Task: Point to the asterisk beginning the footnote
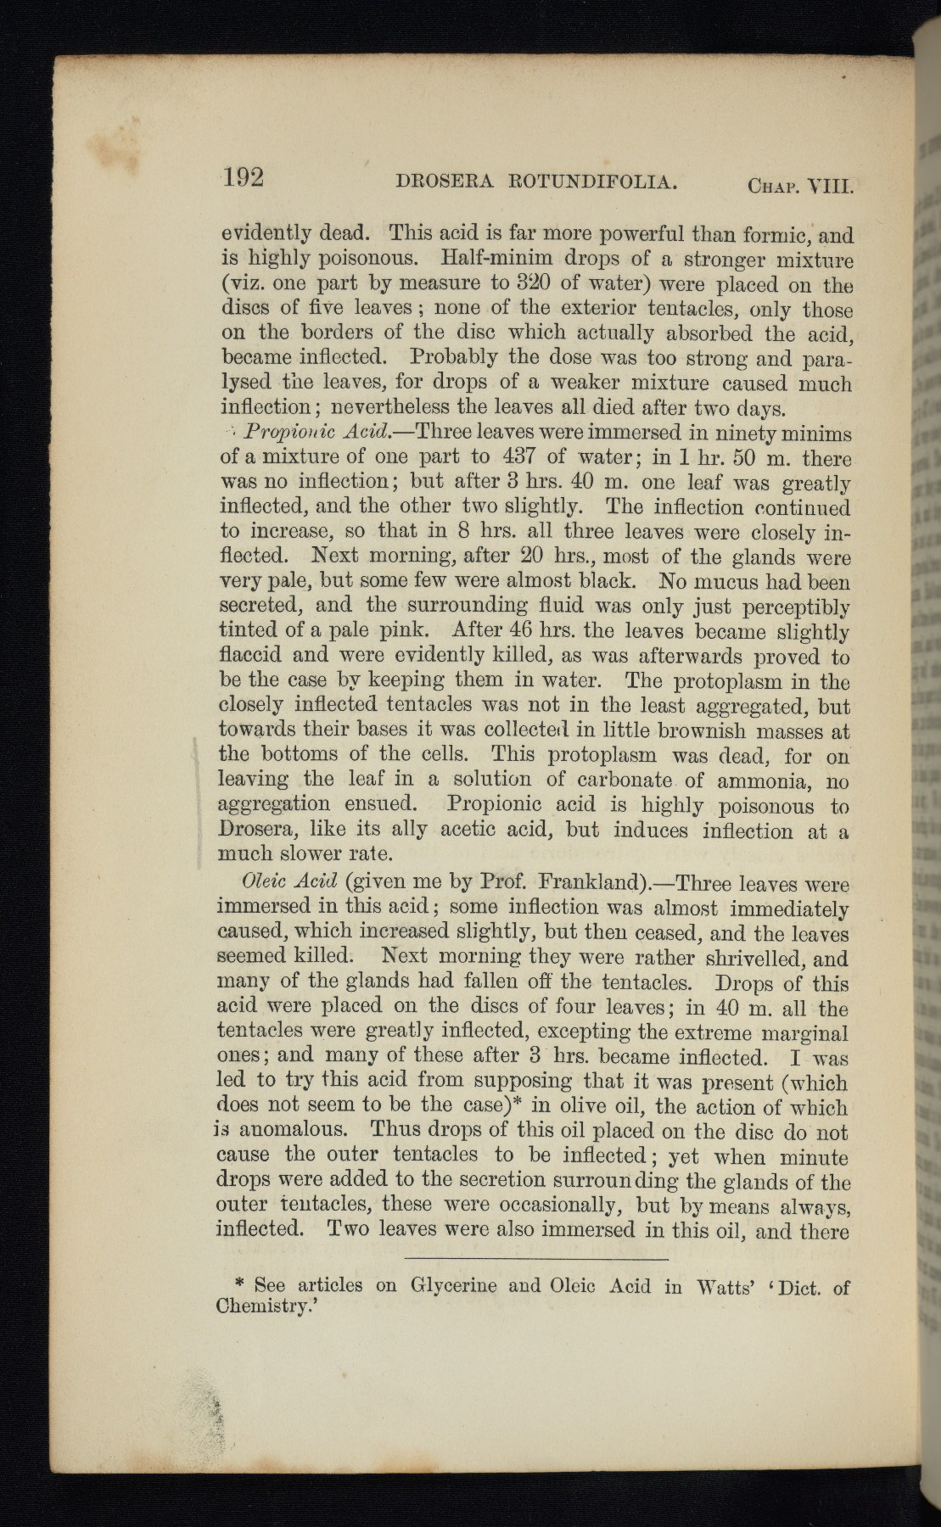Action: click(x=239, y=1285)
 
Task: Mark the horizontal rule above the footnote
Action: click(x=536, y=1259)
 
